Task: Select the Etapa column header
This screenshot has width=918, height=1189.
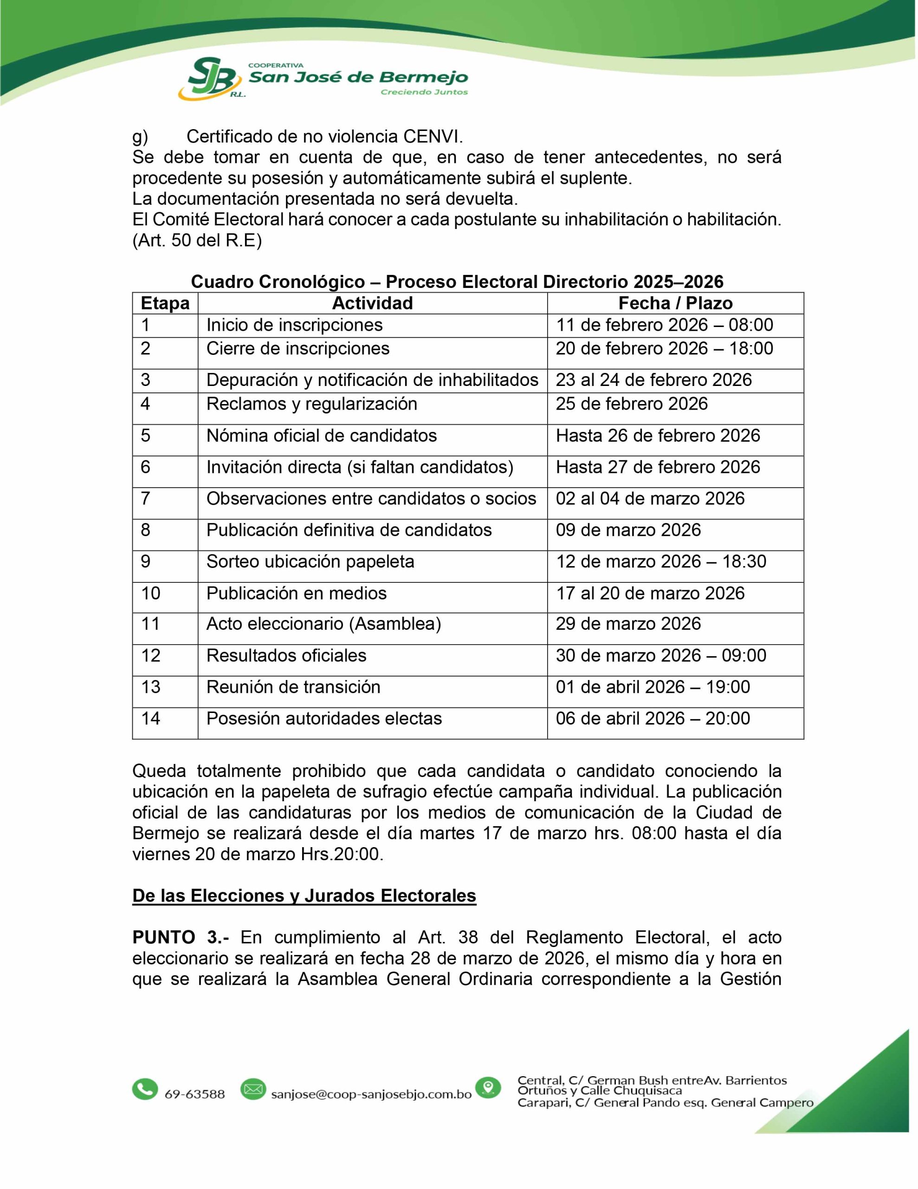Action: [165, 303]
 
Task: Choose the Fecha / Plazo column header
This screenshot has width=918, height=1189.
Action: [675, 303]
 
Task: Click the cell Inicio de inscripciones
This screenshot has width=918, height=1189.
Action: [294, 325]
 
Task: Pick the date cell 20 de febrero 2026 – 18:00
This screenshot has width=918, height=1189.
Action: [664, 348]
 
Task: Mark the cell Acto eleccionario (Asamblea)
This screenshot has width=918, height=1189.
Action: [323, 624]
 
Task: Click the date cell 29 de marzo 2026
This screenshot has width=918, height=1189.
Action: [628, 624]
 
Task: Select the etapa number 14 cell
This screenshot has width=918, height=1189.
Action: [151, 719]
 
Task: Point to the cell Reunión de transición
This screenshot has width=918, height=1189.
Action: [293, 687]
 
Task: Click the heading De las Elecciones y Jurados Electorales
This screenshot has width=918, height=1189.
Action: [304, 896]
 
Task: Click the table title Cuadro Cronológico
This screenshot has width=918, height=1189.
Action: [278, 282]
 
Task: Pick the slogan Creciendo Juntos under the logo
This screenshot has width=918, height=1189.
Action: [424, 92]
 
